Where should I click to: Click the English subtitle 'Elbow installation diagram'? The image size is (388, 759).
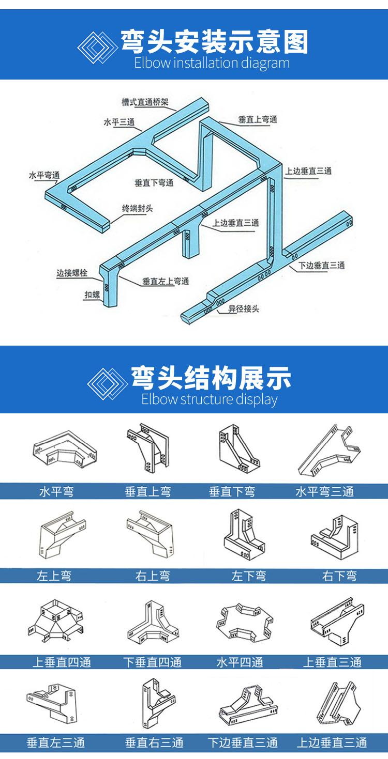click(212, 64)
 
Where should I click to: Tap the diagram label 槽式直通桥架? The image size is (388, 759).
click(145, 102)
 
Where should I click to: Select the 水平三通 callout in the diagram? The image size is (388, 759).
click(119, 121)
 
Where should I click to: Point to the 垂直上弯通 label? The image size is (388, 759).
click(258, 119)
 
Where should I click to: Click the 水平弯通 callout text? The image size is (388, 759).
click(44, 175)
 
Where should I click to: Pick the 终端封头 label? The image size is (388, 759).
click(138, 208)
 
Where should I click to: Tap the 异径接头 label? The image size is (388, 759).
click(244, 308)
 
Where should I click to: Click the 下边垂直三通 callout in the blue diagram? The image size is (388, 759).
click(322, 265)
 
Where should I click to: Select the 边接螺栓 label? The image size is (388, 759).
click(72, 273)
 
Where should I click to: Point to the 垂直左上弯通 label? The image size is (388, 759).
click(166, 281)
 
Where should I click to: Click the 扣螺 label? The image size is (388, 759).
click(92, 295)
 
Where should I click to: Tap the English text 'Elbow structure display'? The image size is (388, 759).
click(210, 399)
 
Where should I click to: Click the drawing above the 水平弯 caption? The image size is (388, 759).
click(65, 448)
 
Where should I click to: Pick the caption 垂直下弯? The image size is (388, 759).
click(232, 492)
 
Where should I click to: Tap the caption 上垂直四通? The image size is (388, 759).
click(62, 662)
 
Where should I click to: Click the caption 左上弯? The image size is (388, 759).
click(54, 576)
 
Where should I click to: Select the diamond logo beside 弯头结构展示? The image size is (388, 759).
click(107, 383)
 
